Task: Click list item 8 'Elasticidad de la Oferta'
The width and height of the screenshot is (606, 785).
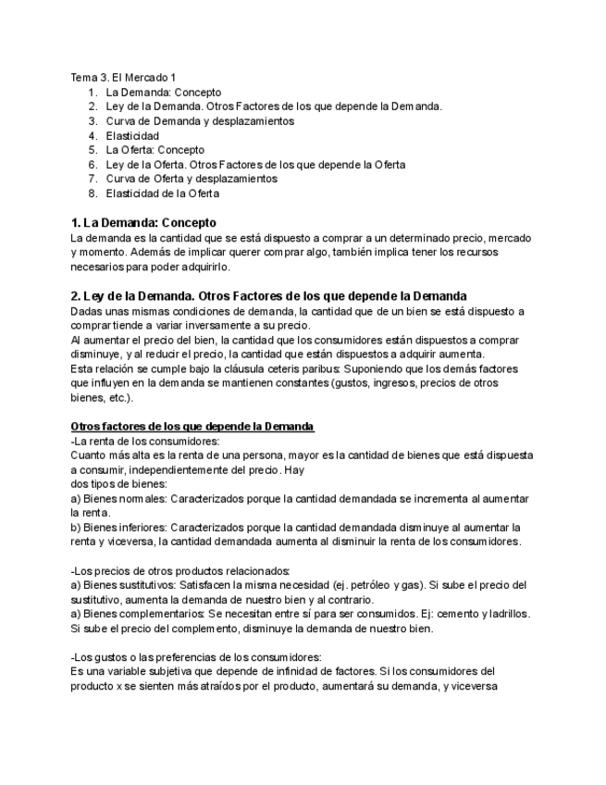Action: point(162,193)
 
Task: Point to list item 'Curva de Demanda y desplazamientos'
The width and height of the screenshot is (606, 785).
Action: point(200,120)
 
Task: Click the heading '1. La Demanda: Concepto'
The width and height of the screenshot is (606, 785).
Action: point(143,223)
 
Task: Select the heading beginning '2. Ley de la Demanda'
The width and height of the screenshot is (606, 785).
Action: point(268,295)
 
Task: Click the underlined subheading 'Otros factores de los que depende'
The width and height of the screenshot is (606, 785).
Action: point(192,426)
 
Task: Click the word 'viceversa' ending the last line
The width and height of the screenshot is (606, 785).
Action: point(473,686)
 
